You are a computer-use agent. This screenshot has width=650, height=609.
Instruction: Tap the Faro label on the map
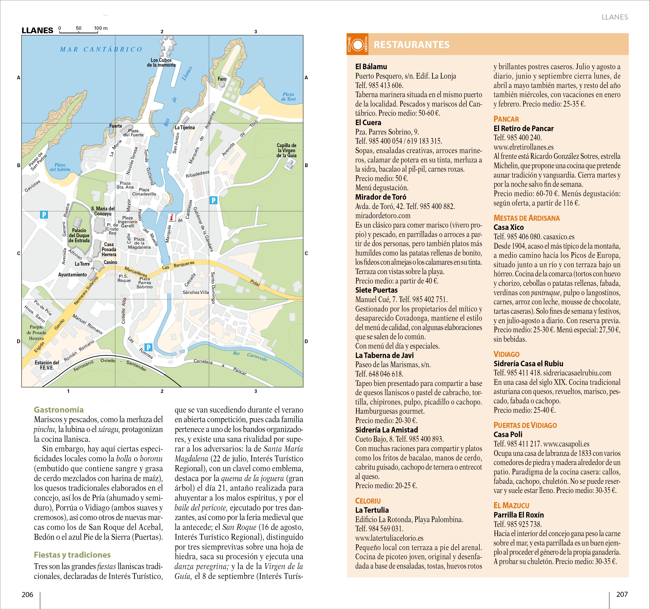pyautogui.click(x=222, y=79)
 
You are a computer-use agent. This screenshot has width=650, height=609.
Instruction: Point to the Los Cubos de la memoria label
pyautogui.click(x=161, y=62)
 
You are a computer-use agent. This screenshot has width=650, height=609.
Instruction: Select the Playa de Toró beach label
pyautogui.click(x=288, y=96)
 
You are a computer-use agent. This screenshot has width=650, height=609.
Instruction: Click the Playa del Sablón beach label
pyautogui.click(x=60, y=167)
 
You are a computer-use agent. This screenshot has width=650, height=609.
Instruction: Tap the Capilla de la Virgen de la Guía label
pyautogui.click(x=286, y=150)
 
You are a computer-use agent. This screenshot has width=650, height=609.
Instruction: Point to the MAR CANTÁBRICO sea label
pyautogui.click(x=101, y=49)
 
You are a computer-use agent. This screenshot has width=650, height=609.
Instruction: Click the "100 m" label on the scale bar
pyautogui.click(x=101, y=28)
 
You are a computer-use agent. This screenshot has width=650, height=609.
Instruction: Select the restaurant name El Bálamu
pyautogui.click(x=371, y=67)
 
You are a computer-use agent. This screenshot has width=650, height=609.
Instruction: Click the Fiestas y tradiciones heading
pyautogui.click(x=72, y=555)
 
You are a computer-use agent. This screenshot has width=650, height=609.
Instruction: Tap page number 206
pyautogui.click(x=28, y=594)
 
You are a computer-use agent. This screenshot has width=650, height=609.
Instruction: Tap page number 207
pyautogui.click(x=622, y=594)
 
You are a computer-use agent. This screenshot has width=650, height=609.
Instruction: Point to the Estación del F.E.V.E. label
pyautogui.click(x=47, y=365)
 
